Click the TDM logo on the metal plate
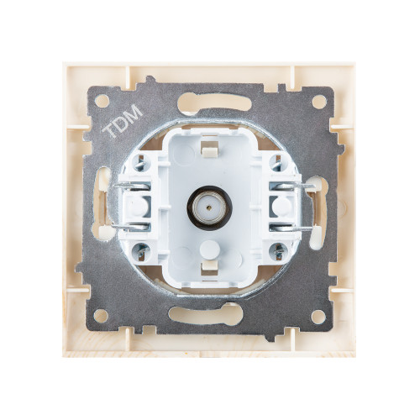(x=123, y=121)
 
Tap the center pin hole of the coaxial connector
(x=209, y=208)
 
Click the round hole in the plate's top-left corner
(x=102, y=101)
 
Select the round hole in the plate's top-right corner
(x=319, y=102)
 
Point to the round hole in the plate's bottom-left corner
(x=101, y=316)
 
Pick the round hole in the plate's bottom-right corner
(x=318, y=317)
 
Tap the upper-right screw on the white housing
(x=277, y=163)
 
